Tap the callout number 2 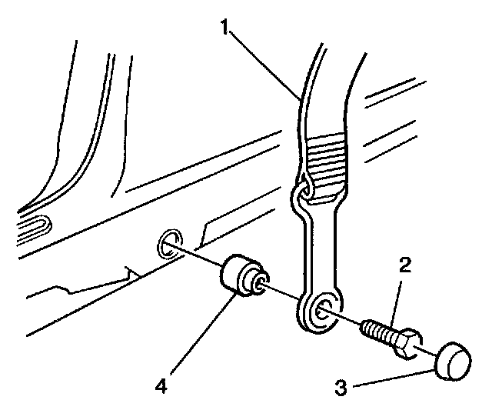coord(404,266)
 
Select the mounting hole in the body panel coord(168,244)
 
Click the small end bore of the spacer coord(261,282)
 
